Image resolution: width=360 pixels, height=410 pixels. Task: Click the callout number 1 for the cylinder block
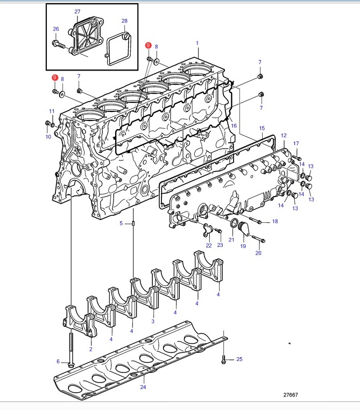point(197,43)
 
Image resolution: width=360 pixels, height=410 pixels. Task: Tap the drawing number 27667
point(291,395)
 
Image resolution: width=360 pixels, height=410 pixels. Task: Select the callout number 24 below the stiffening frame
point(143,387)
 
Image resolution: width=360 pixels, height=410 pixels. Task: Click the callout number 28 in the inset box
point(124,20)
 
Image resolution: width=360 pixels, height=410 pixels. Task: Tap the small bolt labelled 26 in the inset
point(60,44)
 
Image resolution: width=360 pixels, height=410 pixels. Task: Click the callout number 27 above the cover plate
point(77,11)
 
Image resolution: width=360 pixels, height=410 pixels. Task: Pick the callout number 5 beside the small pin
point(121,223)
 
